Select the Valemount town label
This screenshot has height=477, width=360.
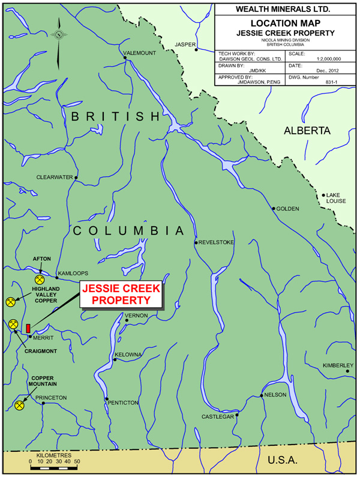pyautogui.click(x=139, y=53)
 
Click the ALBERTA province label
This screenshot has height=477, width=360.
pyautogui.click(x=307, y=130)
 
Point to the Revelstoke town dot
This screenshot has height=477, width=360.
pyautogui.click(x=196, y=242)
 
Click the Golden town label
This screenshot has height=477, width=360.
pyautogui.click(x=287, y=209)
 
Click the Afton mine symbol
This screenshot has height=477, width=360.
pyautogui.click(x=40, y=279)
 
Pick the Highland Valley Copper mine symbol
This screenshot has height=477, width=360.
pyautogui.click(x=10, y=302)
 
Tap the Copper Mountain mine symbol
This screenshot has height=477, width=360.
pyautogui.click(x=19, y=406)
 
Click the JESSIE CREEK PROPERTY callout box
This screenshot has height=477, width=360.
pyautogui.click(x=121, y=294)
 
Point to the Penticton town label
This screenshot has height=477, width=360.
pyautogui.click(x=124, y=402)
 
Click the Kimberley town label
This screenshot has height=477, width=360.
pyautogui.click(x=338, y=365)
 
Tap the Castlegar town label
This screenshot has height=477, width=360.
pyautogui.click(x=217, y=416)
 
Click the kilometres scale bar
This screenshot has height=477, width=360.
pyautogui.click(x=55, y=467)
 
